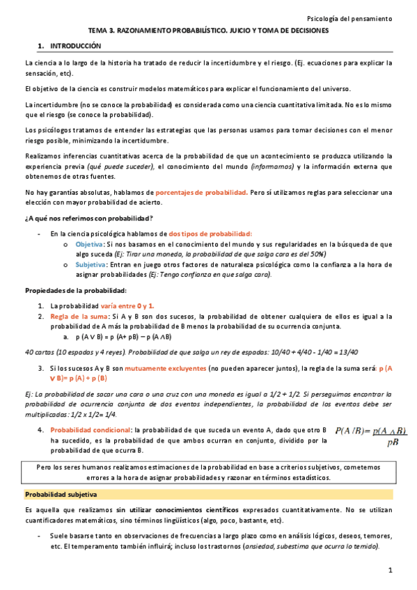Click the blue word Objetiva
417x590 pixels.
(x=88, y=244)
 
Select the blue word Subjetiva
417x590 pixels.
(x=90, y=264)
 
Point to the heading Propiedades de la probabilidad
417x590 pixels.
(x=75, y=289)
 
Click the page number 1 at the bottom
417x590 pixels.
(x=391, y=571)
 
